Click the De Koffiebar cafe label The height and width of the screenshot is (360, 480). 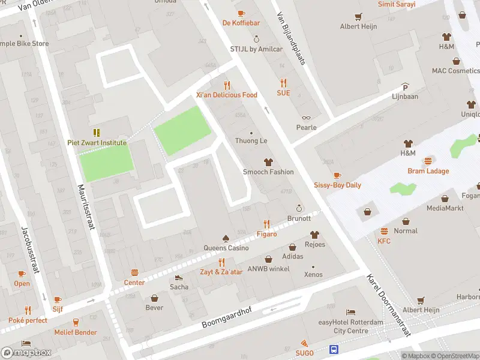click(x=241, y=23)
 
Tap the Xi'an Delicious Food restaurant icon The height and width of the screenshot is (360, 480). click(x=227, y=85)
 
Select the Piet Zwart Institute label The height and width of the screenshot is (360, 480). click(x=97, y=143)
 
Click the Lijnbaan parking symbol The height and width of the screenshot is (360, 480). click(x=405, y=86)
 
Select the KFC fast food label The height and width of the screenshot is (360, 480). click(x=384, y=241)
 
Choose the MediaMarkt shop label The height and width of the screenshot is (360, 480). click(x=445, y=208)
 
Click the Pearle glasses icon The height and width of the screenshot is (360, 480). click(x=306, y=118)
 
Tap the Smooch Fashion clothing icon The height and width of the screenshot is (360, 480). click(x=268, y=162)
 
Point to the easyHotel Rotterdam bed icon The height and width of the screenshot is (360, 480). click(x=350, y=313)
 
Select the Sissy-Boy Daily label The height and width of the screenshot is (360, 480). click(x=337, y=185)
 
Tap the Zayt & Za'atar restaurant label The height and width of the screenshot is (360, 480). click(x=222, y=272)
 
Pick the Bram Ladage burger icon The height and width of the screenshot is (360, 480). click(x=428, y=161)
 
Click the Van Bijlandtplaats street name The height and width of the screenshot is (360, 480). click(x=292, y=40)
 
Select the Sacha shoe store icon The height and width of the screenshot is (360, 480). click(x=179, y=277)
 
